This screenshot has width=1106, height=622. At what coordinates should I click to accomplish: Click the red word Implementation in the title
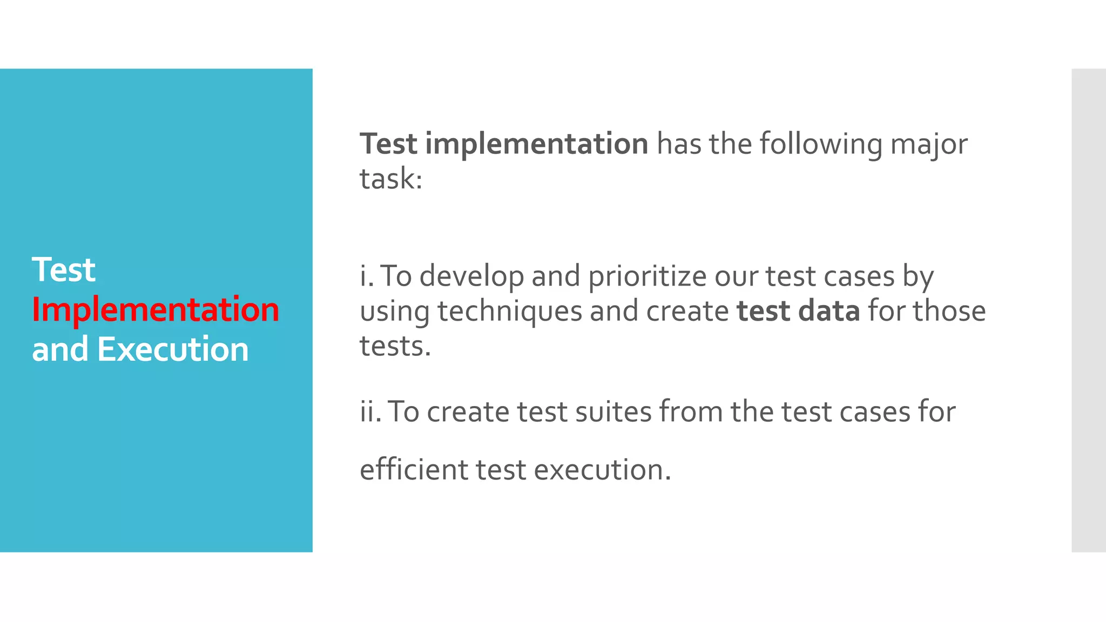156,310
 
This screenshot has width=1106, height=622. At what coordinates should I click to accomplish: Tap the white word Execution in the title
173,349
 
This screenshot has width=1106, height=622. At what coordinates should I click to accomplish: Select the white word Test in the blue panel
64,270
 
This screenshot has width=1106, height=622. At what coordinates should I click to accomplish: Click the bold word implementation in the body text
536,144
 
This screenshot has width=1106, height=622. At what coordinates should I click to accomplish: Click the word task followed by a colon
390,179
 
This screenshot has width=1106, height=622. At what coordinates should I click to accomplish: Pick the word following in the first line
820,145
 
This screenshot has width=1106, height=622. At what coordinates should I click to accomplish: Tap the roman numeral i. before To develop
367,276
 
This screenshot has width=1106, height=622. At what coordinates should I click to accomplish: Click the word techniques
509,312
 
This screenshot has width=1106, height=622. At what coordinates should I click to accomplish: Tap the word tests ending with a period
395,347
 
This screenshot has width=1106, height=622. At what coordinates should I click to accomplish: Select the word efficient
414,470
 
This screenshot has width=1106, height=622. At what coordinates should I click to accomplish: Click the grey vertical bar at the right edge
1088,310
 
